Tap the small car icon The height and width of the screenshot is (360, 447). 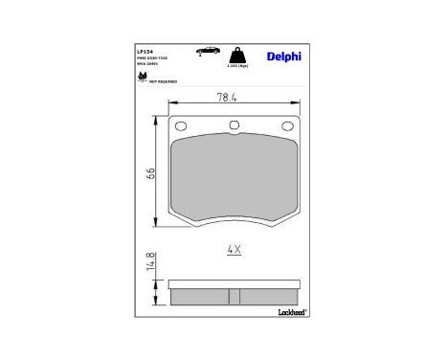(x=204, y=50)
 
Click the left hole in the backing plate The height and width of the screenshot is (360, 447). (x=185, y=129)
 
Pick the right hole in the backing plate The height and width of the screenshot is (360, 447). (x=284, y=129)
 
